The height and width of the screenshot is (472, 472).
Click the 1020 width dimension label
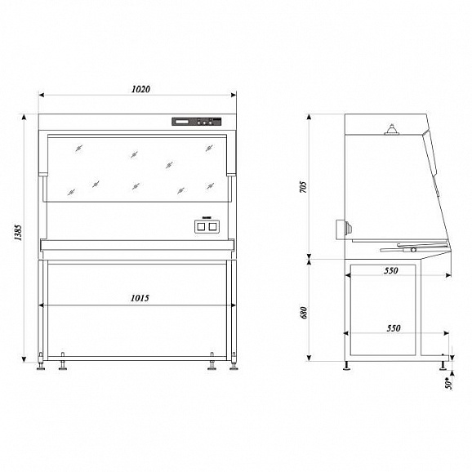click(141, 89)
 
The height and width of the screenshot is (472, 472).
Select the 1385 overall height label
click(18, 233)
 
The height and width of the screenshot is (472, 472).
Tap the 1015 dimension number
click(140, 298)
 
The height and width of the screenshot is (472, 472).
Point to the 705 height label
click(304, 187)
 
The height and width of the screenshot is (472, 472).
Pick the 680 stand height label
click(304, 313)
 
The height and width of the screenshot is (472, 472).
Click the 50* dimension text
click(449, 383)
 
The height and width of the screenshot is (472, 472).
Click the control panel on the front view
click(197, 122)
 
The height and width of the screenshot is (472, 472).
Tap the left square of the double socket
click(201, 226)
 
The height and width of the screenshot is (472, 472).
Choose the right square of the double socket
click(212, 226)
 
